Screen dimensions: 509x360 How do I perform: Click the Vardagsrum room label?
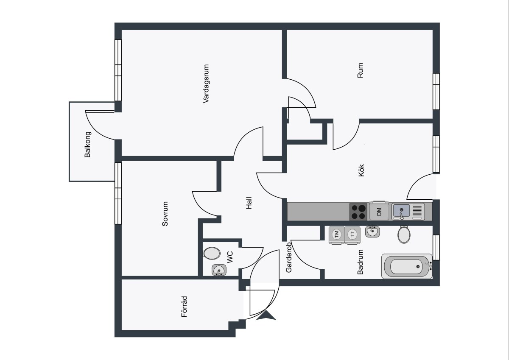coord(206,84)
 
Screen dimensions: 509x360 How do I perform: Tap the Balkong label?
coord(87,145)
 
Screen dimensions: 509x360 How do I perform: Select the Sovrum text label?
coord(165,214)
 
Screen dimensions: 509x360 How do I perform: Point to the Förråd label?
coord(184,307)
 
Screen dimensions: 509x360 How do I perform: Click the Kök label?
coord(361,170)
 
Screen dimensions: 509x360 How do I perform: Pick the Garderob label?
coord(288,257)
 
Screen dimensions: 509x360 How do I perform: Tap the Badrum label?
coord(360,262)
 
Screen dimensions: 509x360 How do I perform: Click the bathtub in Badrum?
coord(407,266)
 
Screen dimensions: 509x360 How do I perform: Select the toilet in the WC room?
coord(212,253)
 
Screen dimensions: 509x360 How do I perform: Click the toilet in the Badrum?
coord(404,234)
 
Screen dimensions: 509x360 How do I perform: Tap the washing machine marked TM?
coord(336,235)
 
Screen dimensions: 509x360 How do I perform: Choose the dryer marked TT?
coord(352,235)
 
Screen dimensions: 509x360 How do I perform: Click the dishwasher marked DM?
coord(379,211)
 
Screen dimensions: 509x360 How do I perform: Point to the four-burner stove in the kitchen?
coord(358,212)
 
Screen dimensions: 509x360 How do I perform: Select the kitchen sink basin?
coord(402,211)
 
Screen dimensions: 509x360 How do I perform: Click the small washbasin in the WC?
coord(219,270)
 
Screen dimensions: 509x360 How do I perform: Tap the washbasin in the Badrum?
coord(372,232)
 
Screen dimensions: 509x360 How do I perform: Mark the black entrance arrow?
coord(266,316)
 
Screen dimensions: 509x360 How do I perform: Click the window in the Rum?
coord(436,92)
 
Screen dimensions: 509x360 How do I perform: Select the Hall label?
coord(249,203)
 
